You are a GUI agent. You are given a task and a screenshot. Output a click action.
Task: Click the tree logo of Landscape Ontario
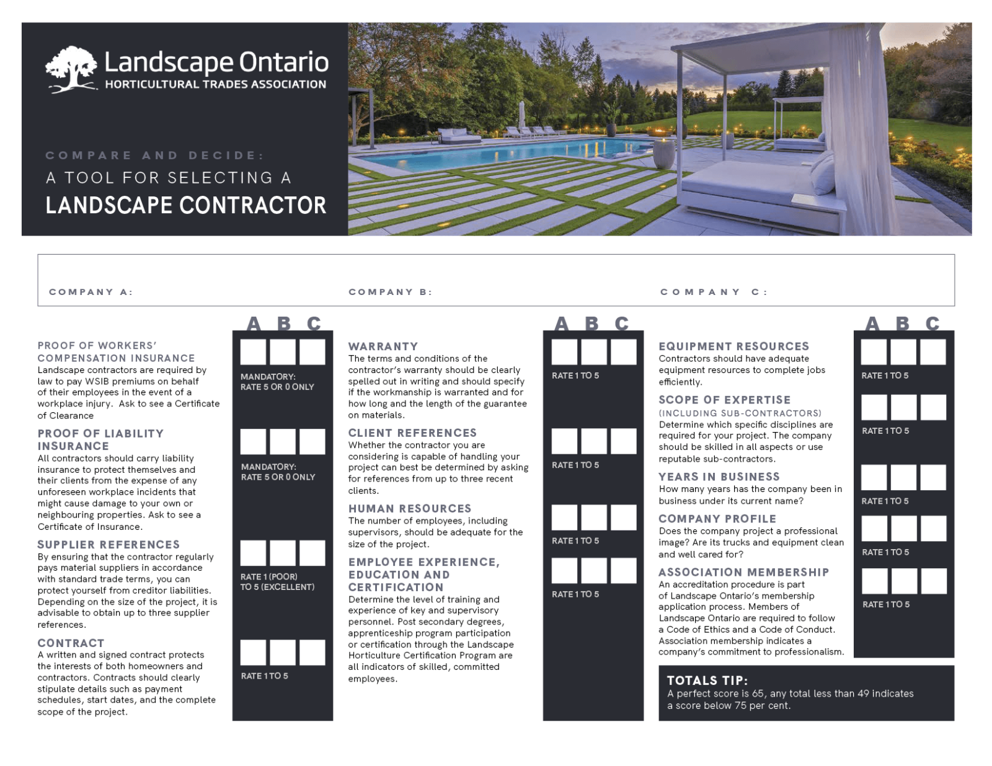[x=71, y=69]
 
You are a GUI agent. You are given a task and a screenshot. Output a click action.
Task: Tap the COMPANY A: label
[x=91, y=292]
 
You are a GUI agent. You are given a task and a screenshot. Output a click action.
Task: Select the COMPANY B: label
[x=390, y=292]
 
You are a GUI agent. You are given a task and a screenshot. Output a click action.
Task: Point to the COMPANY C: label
[x=714, y=292]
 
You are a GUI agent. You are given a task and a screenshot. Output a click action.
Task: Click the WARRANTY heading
[x=383, y=346]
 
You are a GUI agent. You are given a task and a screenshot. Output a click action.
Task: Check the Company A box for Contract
[x=253, y=653]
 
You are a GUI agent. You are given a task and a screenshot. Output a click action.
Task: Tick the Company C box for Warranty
[x=623, y=351]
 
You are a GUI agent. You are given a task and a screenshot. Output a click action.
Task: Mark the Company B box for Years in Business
[x=903, y=477]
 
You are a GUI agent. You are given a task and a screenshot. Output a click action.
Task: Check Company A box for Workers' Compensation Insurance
[x=253, y=351]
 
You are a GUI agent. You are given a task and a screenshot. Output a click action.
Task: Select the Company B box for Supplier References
[x=283, y=553]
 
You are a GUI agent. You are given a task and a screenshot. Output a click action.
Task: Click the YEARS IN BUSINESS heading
[x=719, y=477]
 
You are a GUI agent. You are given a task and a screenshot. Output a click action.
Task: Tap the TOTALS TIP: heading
[x=707, y=680]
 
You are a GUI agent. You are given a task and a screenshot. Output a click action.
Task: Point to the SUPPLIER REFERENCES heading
[x=108, y=545]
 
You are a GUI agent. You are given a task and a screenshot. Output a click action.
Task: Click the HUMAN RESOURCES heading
[x=409, y=509]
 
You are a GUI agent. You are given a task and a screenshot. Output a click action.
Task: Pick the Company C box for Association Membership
[x=933, y=581]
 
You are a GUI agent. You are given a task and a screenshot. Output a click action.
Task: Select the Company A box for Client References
[x=564, y=441]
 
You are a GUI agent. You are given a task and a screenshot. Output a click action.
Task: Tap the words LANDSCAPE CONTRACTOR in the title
[x=186, y=206]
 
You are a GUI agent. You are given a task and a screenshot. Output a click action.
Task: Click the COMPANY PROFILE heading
[x=717, y=519]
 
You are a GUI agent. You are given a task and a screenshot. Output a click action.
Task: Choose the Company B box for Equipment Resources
[x=903, y=351]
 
